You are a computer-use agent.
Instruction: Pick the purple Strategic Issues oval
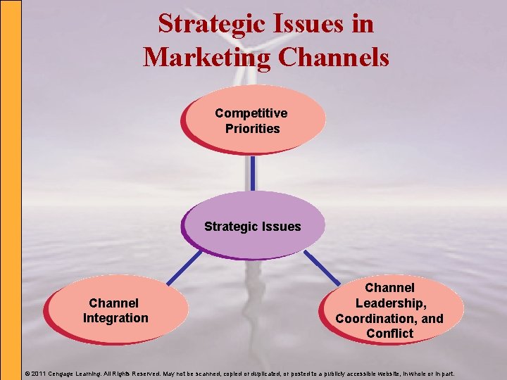pos(254,226)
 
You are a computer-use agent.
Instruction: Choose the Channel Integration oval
pos(115,310)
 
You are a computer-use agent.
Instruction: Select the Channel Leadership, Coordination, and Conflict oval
pos(392,310)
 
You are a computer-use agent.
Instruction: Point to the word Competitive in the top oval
pos(251,113)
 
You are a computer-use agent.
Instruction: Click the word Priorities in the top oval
pos(252,128)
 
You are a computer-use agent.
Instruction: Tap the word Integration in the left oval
pos(115,318)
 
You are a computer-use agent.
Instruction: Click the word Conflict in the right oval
pos(389,334)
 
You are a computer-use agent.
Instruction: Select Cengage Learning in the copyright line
pos(76,373)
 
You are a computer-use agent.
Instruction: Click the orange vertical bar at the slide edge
pos(11,190)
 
